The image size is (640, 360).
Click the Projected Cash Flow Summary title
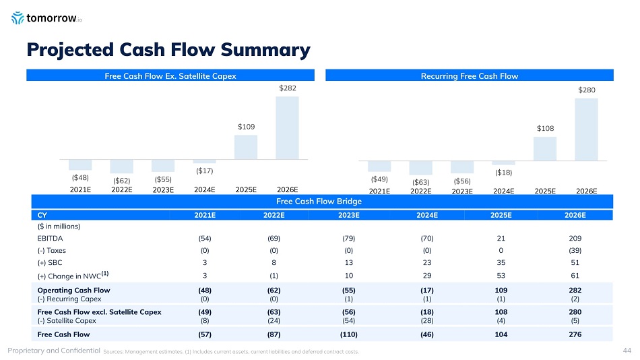[x=168, y=49]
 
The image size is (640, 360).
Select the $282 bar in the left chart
[x=287, y=128]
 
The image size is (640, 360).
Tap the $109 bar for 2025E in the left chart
[x=246, y=147]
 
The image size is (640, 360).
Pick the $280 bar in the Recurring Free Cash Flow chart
[x=586, y=129]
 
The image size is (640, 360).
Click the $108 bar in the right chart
[x=544, y=148]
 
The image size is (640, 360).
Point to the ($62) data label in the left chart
[x=121, y=180]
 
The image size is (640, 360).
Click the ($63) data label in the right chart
[x=420, y=182]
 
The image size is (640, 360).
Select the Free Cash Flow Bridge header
[x=320, y=202]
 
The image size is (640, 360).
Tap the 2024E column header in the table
[x=427, y=215]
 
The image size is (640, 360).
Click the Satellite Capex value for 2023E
[x=348, y=321]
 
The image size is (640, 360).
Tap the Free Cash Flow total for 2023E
[x=348, y=334]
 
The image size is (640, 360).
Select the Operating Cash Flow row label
[x=74, y=291]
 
